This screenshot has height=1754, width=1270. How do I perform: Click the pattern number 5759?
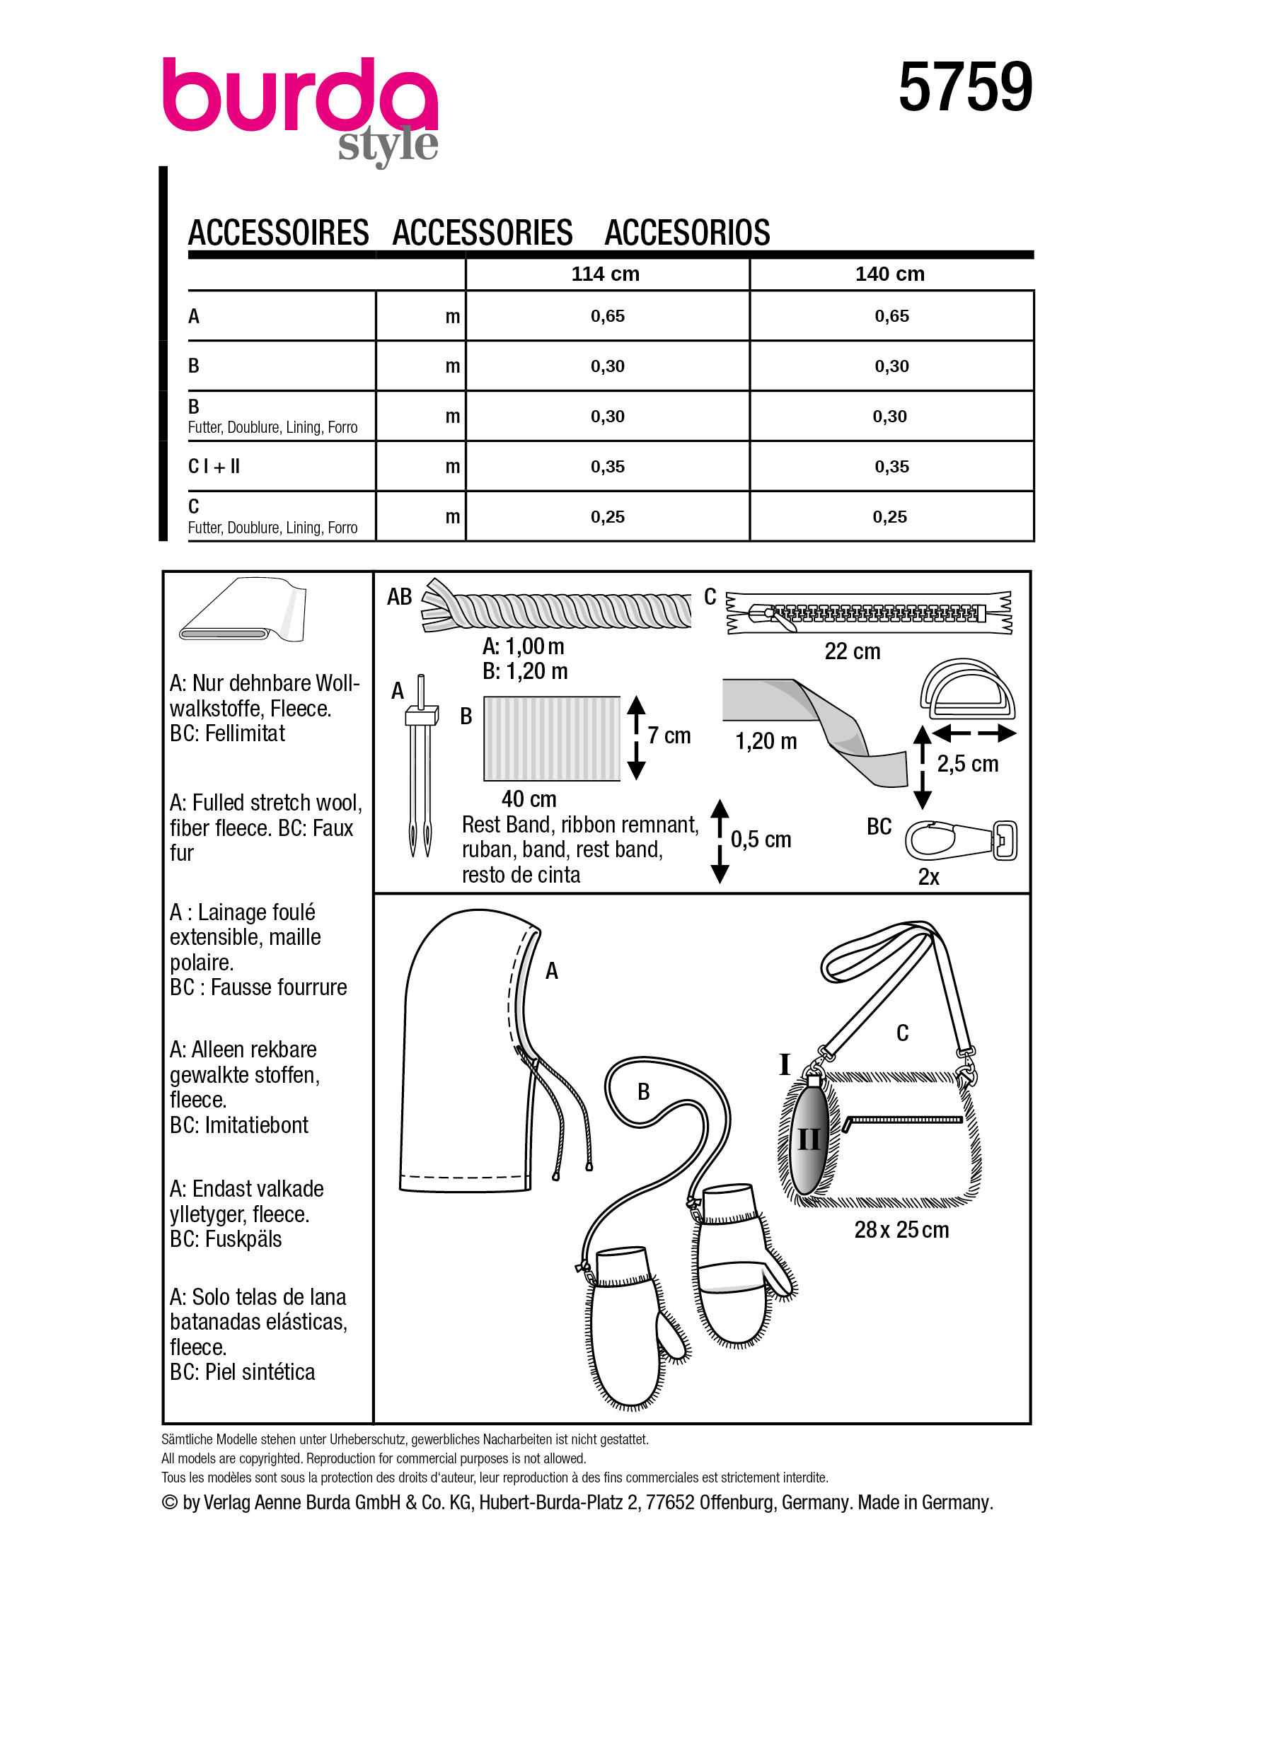pyautogui.click(x=964, y=88)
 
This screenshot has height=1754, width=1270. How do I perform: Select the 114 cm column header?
pyautogui.click(x=605, y=274)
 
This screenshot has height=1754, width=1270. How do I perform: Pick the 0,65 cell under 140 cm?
pyautogui.click(x=891, y=315)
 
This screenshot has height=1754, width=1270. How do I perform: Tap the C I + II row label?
pyautogui.click(x=214, y=466)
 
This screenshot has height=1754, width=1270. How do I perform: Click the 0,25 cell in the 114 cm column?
pyautogui.click(x=607, y=516)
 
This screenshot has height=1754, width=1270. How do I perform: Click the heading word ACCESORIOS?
pyautogui.click(x=687, y=233)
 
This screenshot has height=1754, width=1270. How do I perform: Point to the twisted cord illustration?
pyautogui.click(x=557, y=610)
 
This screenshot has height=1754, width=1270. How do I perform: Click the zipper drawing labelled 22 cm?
pyautogui.click(x=868, y=614)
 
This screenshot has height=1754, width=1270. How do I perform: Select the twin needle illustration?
pyautogui.click(x=420, y=766)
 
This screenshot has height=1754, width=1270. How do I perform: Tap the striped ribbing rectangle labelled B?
pyautogui.click(x=551, y=738)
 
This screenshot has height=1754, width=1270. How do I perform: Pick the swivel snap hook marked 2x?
pyautogui.click(x=961, y=841)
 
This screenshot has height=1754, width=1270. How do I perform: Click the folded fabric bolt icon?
pyautogui.click(x=243, y=612)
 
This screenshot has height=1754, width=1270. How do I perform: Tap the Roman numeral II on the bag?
pyautogui.click(x=809, y=1139)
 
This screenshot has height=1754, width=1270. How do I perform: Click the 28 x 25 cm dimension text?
pyautogui.click(x=901, y=1230)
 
